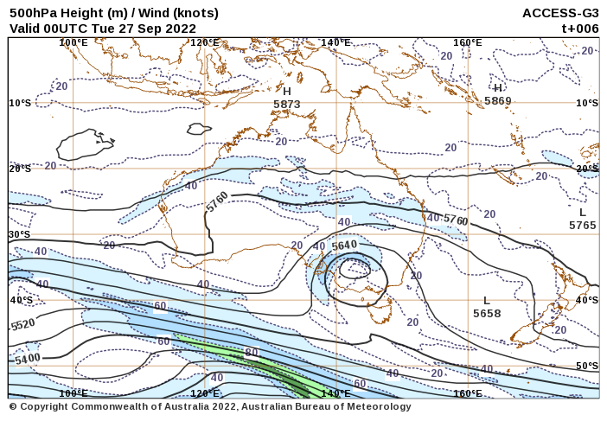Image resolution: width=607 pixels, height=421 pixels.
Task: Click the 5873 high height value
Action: [286, 105]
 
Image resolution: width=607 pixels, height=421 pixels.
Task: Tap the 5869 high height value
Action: [498, 101]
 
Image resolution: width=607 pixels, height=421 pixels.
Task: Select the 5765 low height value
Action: [583, 226]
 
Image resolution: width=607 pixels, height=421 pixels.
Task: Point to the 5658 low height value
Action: [487, 314]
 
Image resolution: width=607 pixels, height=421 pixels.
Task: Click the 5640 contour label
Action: [344, 246]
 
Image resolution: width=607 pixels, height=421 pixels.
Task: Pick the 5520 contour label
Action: [23, 325]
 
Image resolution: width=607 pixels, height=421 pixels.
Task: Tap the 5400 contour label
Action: [28, 359]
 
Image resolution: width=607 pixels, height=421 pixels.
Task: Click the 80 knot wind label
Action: [252, 353]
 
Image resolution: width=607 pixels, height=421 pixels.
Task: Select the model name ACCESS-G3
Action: [560, 13]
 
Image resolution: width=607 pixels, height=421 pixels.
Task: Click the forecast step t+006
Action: [580, 28]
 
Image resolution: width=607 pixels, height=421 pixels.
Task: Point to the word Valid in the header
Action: [25, 28]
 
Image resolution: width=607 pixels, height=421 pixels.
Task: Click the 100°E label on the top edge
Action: [73, 42]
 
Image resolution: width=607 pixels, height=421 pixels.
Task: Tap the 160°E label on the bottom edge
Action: [468, 393]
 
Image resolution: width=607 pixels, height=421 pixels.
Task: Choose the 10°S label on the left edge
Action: [20, 103]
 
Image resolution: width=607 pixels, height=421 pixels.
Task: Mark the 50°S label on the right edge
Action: [587, 366]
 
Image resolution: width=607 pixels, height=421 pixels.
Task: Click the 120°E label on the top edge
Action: [205, 42]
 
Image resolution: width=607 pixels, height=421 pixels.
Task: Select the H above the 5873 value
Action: [287, 91]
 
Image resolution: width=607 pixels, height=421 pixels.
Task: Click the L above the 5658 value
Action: [487, 300]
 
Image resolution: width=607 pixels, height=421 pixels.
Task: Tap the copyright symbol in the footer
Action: [13, 407]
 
